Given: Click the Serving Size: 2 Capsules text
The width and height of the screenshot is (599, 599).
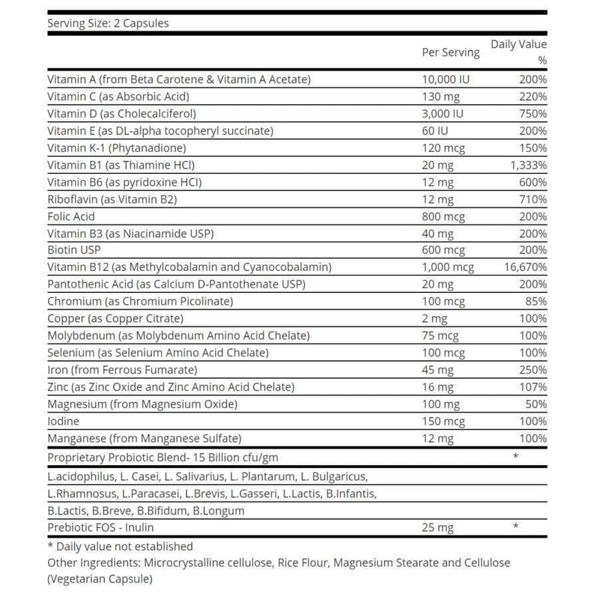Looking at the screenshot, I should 108,23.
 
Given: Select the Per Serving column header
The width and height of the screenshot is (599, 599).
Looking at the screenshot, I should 451,52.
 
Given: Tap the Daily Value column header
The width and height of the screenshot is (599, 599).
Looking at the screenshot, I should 518,45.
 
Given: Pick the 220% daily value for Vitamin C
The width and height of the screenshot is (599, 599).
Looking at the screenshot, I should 532,97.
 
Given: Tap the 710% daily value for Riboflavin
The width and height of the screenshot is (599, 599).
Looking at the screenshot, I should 532,200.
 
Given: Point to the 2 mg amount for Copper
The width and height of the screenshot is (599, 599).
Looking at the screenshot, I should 436,318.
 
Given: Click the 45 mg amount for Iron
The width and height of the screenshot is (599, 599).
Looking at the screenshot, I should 439,370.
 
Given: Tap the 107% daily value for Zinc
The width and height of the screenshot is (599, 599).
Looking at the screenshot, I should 532,387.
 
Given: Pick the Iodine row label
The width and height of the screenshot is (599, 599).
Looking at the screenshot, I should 64,422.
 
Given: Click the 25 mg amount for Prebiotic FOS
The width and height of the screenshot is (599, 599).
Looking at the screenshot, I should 439,529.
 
